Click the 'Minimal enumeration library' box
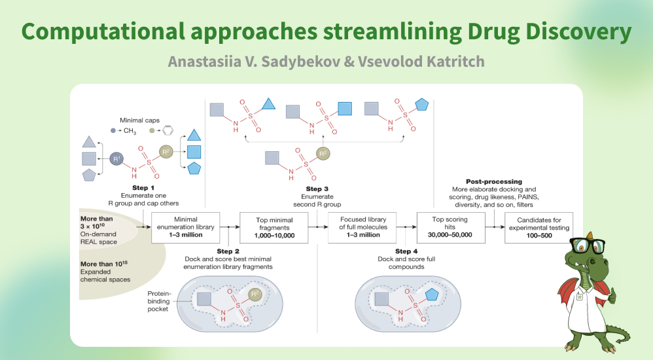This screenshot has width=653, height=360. [184, 228]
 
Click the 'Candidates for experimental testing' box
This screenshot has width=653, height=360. [538, 228]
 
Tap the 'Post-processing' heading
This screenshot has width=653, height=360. [494, 181]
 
